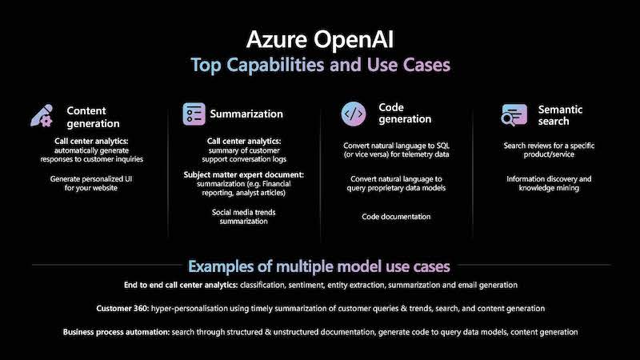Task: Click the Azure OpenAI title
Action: [x=320, y=40]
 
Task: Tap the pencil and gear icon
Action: [x=42, y=115]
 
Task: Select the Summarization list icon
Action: [x=194, y=114]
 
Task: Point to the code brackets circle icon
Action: [x=354, y=114]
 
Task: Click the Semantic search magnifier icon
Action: [x=514, y=115]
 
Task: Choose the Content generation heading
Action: [x=93, y=117]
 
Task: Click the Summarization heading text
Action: [x=246, y=114]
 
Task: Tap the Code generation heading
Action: [x=405, y=113]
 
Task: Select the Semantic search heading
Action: [x=560, y=115]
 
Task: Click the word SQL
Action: [x=443, y=146]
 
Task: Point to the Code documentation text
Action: [x=396, y=217]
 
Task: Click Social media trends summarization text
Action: [x=244, y=217]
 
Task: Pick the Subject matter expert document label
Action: [x=244, y=174]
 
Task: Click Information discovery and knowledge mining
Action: [x=549, y=183]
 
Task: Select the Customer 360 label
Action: [x=122, y=309]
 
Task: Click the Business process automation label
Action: [x=116, y=332]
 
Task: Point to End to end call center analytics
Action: [x=182, y=285]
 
